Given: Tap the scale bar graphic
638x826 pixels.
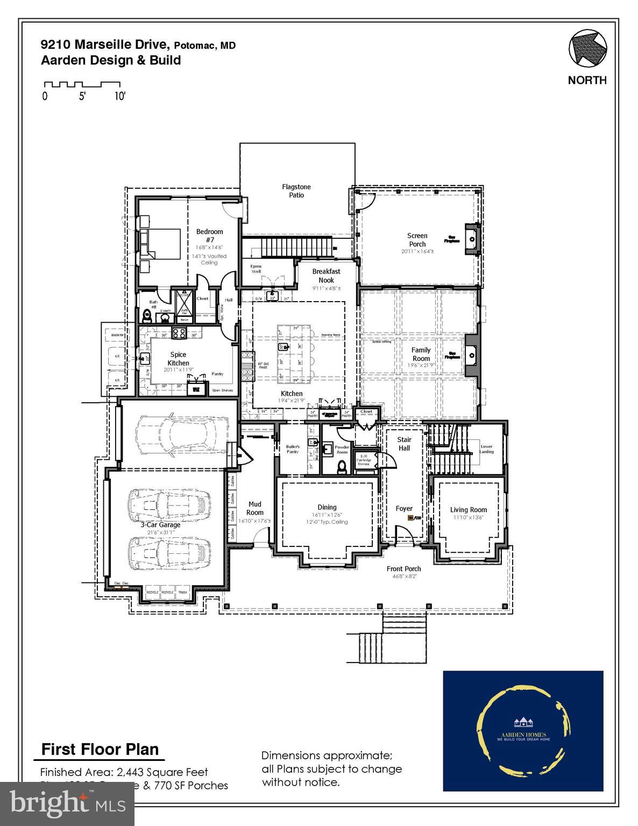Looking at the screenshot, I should point(82,85).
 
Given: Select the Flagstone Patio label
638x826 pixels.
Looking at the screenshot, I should point(296,191).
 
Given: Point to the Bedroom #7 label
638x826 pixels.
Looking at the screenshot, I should point(209,236).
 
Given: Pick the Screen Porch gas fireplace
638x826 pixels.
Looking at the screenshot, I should point(471,237).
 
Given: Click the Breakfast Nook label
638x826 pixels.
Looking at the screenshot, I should point(326,275).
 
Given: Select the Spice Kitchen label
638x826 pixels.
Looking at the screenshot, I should point(178,359).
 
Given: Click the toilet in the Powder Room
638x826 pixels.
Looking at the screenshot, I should point(342,467).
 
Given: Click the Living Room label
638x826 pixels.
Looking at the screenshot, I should point(468,510).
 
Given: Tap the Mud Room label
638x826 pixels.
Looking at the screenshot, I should point(254,508).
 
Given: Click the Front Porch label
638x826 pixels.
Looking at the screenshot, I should point(403,568).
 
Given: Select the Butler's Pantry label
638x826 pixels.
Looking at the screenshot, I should point(292,449).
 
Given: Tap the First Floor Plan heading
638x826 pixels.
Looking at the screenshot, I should point(100,749).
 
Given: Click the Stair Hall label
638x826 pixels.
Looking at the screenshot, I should point(404,444).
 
